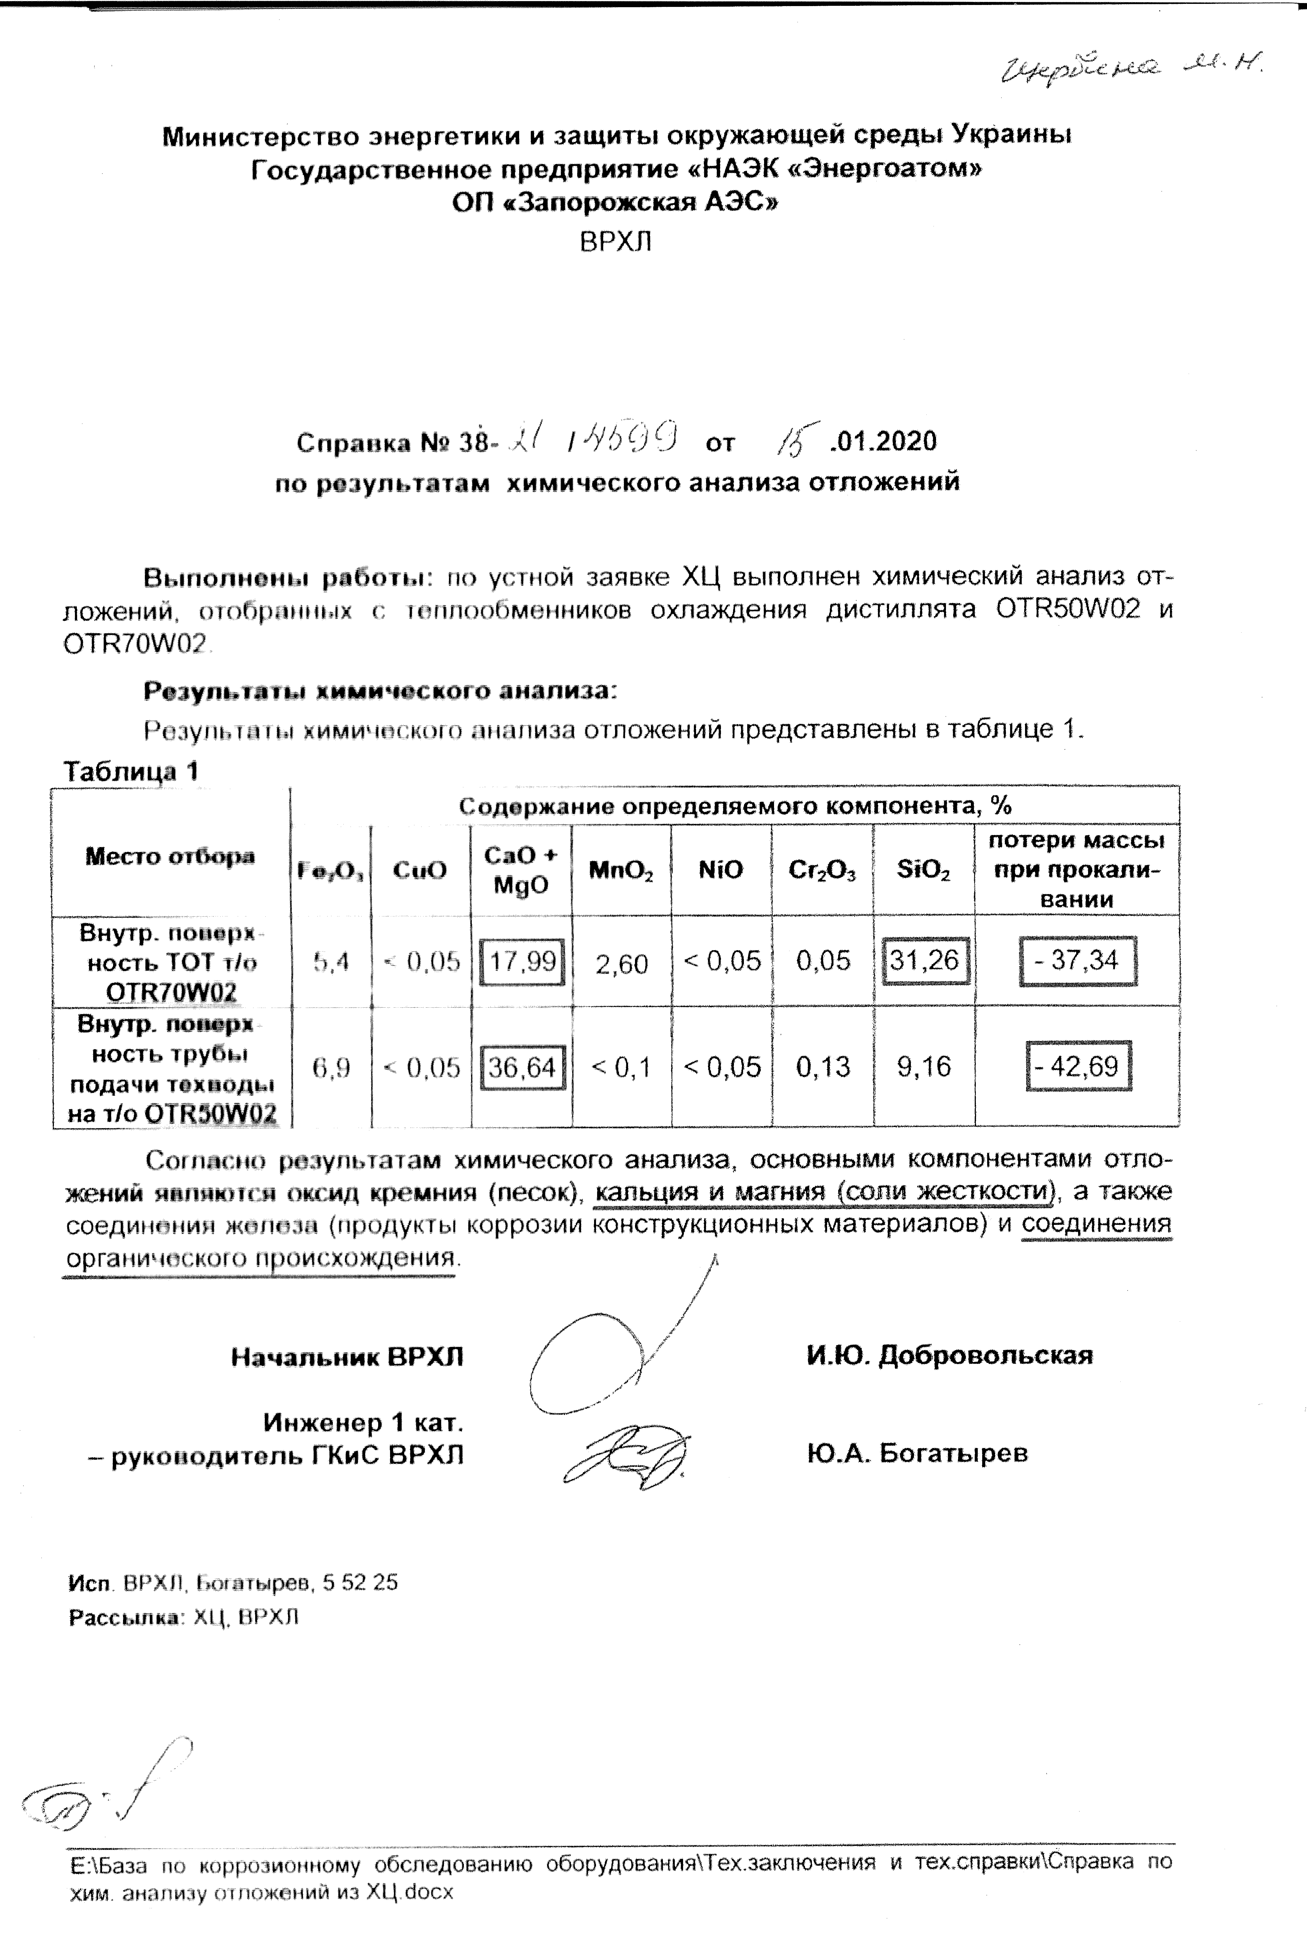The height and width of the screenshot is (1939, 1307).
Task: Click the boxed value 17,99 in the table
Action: coord(523,961)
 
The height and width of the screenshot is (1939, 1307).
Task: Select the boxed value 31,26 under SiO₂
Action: coord(924,961)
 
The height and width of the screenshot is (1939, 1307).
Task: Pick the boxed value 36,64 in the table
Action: coord(523,1067)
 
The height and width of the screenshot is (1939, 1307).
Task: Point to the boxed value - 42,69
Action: coord(1078,1066)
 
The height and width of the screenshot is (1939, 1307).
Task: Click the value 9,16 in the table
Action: coord(924,1067)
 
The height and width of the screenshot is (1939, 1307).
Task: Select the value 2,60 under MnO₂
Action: coord(621,964)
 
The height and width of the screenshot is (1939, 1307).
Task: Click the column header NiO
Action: coord(721,870)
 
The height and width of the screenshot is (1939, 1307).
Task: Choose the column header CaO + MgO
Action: coord(521,870)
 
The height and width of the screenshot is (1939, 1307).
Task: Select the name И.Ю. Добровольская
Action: coord(949,1356)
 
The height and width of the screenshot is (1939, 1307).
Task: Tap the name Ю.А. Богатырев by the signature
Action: coord(917,1453)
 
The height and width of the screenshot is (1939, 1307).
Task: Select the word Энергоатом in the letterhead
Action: coord(883,169)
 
